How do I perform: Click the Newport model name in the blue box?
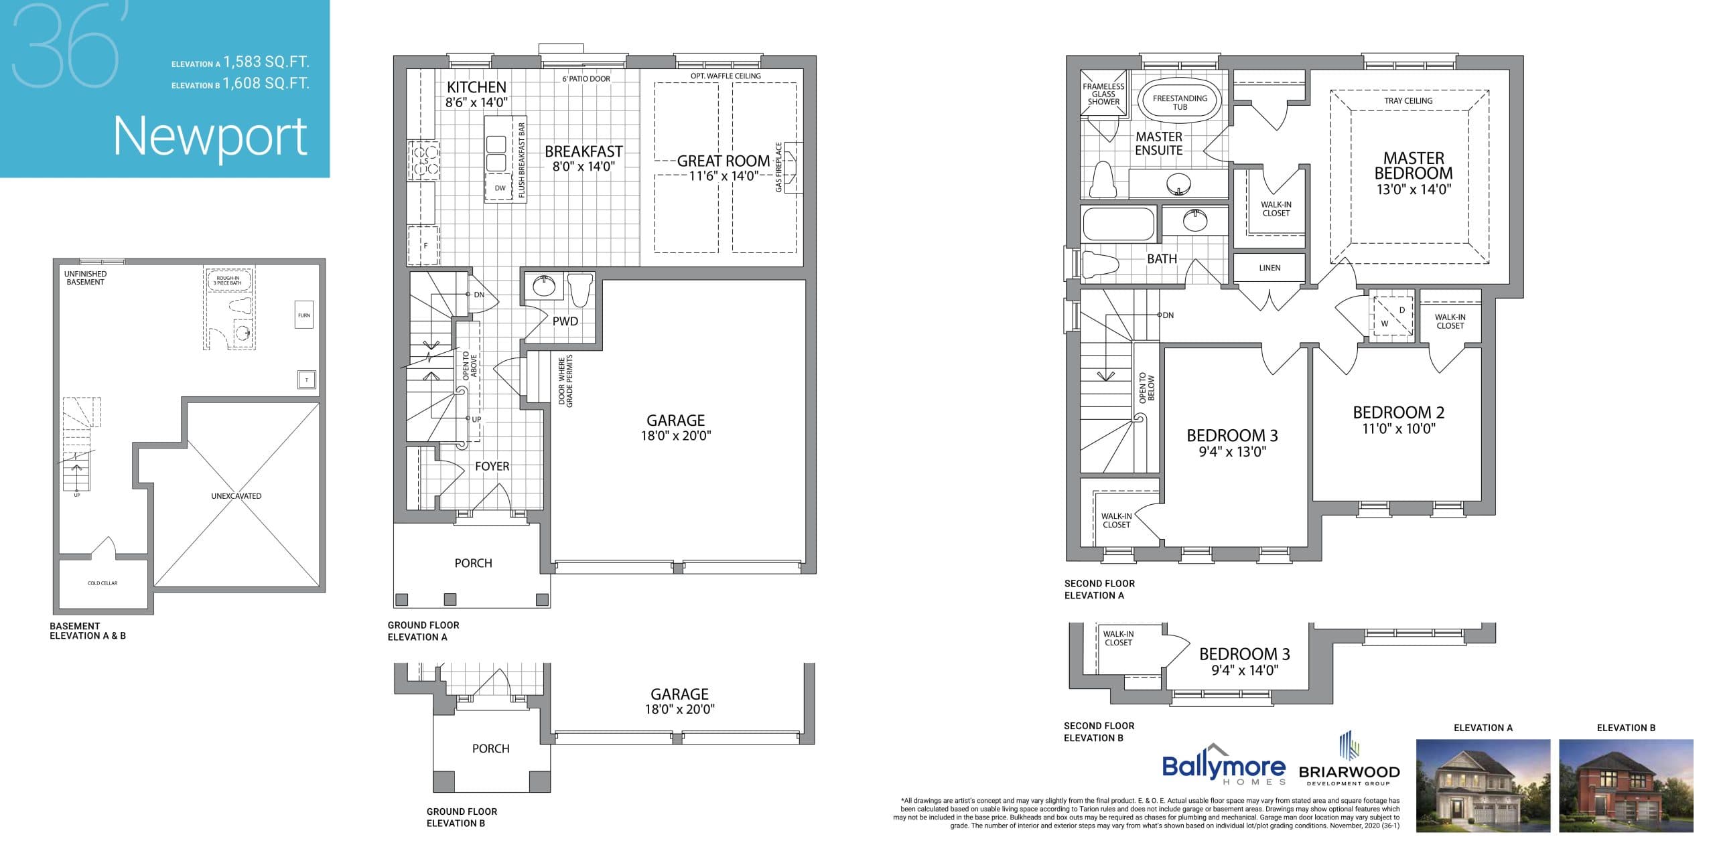(x=210, y=137)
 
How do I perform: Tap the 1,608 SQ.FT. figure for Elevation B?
(x=266, y=84)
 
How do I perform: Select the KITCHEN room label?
(x=476, y=87)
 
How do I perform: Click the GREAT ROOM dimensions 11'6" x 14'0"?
(x=724, y=176)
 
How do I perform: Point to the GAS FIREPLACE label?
(x=778, y=167)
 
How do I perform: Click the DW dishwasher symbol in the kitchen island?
(x=500, y=188)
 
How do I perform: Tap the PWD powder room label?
(x=565, y=321)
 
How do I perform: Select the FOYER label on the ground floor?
(x=492, y=467)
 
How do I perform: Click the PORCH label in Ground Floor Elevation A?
(x=473, y=564)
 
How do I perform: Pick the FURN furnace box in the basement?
(x=304, y=315)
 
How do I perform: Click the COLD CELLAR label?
(x=102, y=583)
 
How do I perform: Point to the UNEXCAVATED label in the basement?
(x=236, y=496)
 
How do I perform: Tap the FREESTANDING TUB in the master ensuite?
(x=1180, y=102)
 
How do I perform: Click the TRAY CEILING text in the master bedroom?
(x=1408, y=101)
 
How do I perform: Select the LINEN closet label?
(x=1270, y=268)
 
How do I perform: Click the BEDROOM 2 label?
(x=1398, y=412)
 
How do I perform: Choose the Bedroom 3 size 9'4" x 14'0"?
(x=1244, y=670)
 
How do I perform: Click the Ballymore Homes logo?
(x=1223, y=767)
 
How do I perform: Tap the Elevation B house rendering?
(x=1626, y=786)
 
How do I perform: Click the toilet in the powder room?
(x=579, y=289)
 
